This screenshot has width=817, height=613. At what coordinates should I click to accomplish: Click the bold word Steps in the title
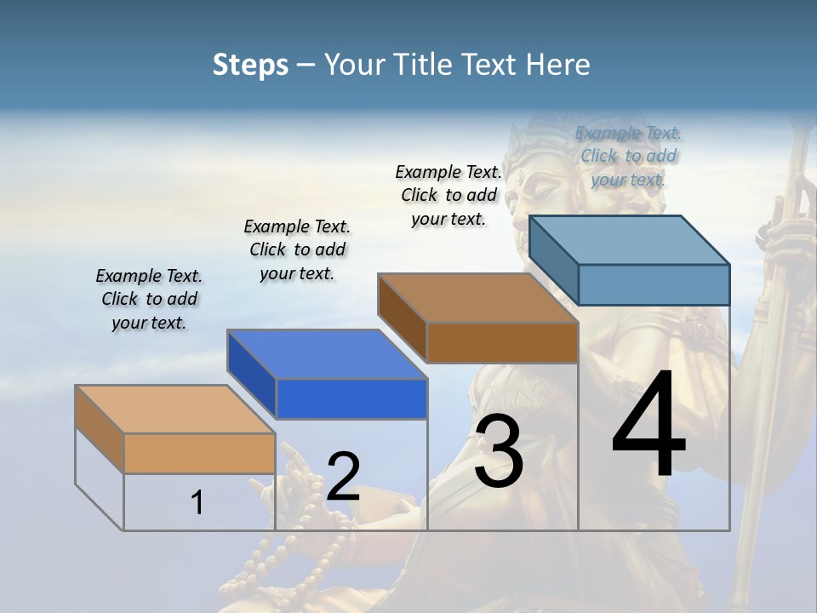pyautogui.click(x=250, y=65)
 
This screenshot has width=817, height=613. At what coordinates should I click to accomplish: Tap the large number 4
pyautogui.click(x=648, y=425)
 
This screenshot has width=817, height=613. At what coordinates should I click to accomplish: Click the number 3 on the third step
pyautogui.click(x=499, y=451)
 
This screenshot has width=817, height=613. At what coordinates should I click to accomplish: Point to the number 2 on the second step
pyautogui.click(x=343, y=477)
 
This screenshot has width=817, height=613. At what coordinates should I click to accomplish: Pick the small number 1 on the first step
pyautogui.click(x=197, y=502)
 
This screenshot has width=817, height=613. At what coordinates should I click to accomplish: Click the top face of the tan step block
pyautogui.click(x=174, y=410)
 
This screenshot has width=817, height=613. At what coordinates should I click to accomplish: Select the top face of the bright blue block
pyautogui.click(x=327, y=354)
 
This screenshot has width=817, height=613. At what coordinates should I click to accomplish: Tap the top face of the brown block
pyautogui.click(x=477, y=298)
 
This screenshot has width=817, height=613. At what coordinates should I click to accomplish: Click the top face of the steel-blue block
pyautogui.click(x=629, y=240)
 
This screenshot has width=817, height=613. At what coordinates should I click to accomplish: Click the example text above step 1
pyautogui.click(x=149, y=299)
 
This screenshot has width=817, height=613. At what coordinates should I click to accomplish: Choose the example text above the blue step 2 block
pyautogui.click(x=297, y=249)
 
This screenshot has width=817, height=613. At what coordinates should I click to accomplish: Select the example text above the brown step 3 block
pyautogui.click(x=448, y=195)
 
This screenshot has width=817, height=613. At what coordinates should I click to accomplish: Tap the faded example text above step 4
pyautogui.click(x=628, y=156)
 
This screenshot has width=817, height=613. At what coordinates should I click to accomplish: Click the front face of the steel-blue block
pyautogui.click(x=653, y=284)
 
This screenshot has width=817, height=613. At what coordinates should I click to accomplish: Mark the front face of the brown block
pyautogui.click(x=501, y=342)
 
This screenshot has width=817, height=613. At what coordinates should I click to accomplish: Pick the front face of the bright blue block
pyautogui.click(x=351, y=398)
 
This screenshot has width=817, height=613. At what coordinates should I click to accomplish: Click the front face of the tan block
pyautogui.click(x=199, y=453)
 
